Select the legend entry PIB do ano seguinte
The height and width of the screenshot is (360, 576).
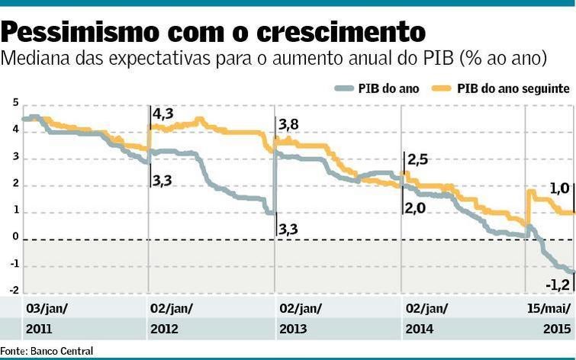pos(513,88)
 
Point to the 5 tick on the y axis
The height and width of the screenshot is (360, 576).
pos(14,103)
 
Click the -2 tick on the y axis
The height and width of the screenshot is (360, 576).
pos(12,290)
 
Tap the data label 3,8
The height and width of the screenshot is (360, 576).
pos(288,125)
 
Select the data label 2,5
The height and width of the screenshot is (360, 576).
pos(418,159)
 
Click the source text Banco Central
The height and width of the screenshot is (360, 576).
pos(63,351)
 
